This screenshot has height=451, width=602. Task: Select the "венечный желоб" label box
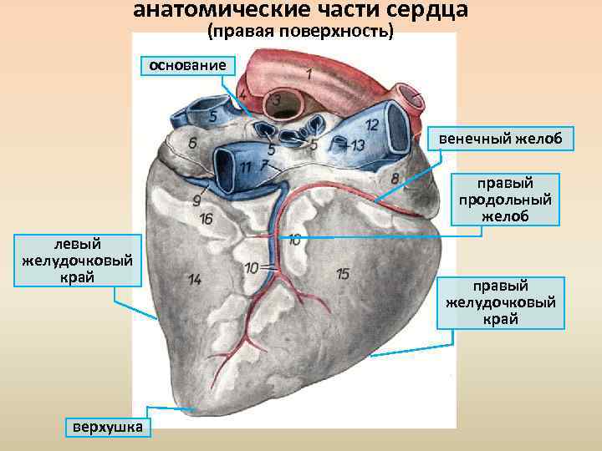[x=501, y=138]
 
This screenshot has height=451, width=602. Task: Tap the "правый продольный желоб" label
[x=506, y=200]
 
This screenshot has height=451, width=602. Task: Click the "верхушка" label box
[x=107, y=428]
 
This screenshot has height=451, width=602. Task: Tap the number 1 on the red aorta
[x=309, y=73]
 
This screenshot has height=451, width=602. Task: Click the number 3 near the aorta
[x=276, y=101]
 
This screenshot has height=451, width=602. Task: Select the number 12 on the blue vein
[x=372, y=125]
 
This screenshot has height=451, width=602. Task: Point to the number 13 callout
[x=358, y=146]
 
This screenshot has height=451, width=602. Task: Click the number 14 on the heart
[x=195, y=280]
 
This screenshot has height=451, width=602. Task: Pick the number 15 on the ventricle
[x=342, y=274]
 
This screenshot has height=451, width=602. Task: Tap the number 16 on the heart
[x=206, y=219]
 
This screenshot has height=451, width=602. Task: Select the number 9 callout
[x=196, y=200]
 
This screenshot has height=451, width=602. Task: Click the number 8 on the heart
[x=395, y=178]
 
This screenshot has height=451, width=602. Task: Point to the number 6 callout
[x=193, y=144]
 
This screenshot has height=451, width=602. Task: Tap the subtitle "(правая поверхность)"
[x=299, y=32]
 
